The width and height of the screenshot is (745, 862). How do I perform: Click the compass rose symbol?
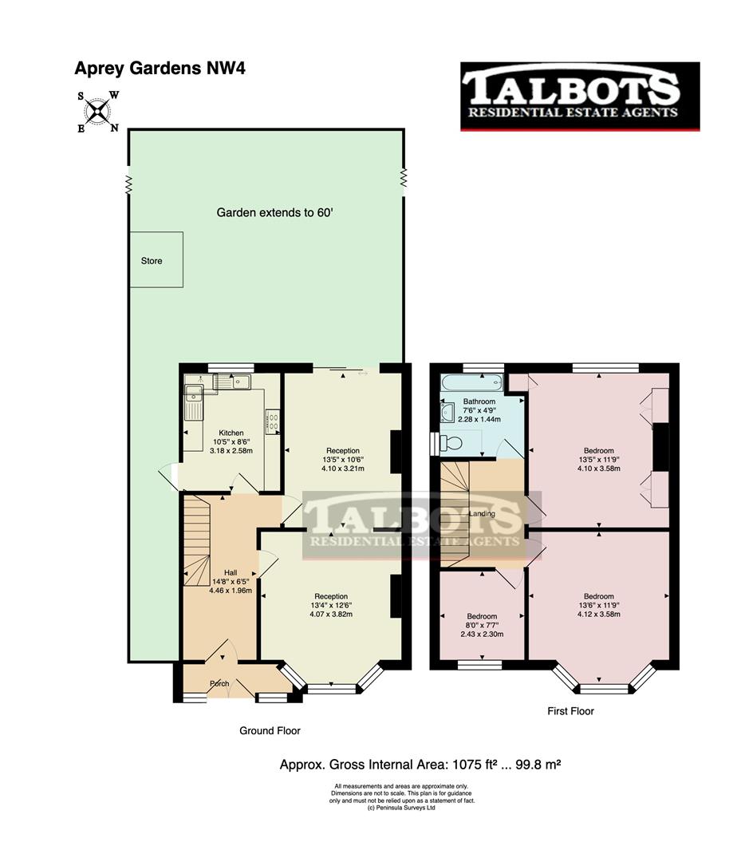point(97,112)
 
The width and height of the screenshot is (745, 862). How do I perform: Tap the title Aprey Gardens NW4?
point(160,68)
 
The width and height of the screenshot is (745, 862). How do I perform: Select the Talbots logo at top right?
point(580,96)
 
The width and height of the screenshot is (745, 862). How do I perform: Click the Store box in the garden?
point(156,260)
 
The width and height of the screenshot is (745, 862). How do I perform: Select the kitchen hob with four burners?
point(273,420)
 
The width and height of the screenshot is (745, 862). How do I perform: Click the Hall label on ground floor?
point(230,572)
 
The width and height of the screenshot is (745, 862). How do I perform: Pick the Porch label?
point(219,683)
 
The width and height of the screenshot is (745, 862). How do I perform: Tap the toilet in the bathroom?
point(452,441)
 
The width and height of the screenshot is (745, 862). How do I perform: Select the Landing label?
point(482,513)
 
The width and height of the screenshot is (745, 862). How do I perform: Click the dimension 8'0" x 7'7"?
point(482,626)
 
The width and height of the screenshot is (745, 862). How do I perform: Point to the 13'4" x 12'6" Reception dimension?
point(331,605)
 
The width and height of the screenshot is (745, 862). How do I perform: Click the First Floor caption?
point(570,710)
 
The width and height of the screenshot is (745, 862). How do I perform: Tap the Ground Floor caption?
point(270,730)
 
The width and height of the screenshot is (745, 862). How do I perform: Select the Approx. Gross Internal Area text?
point(420,764)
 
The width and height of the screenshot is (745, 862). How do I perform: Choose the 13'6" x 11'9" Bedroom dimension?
point(598,606)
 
